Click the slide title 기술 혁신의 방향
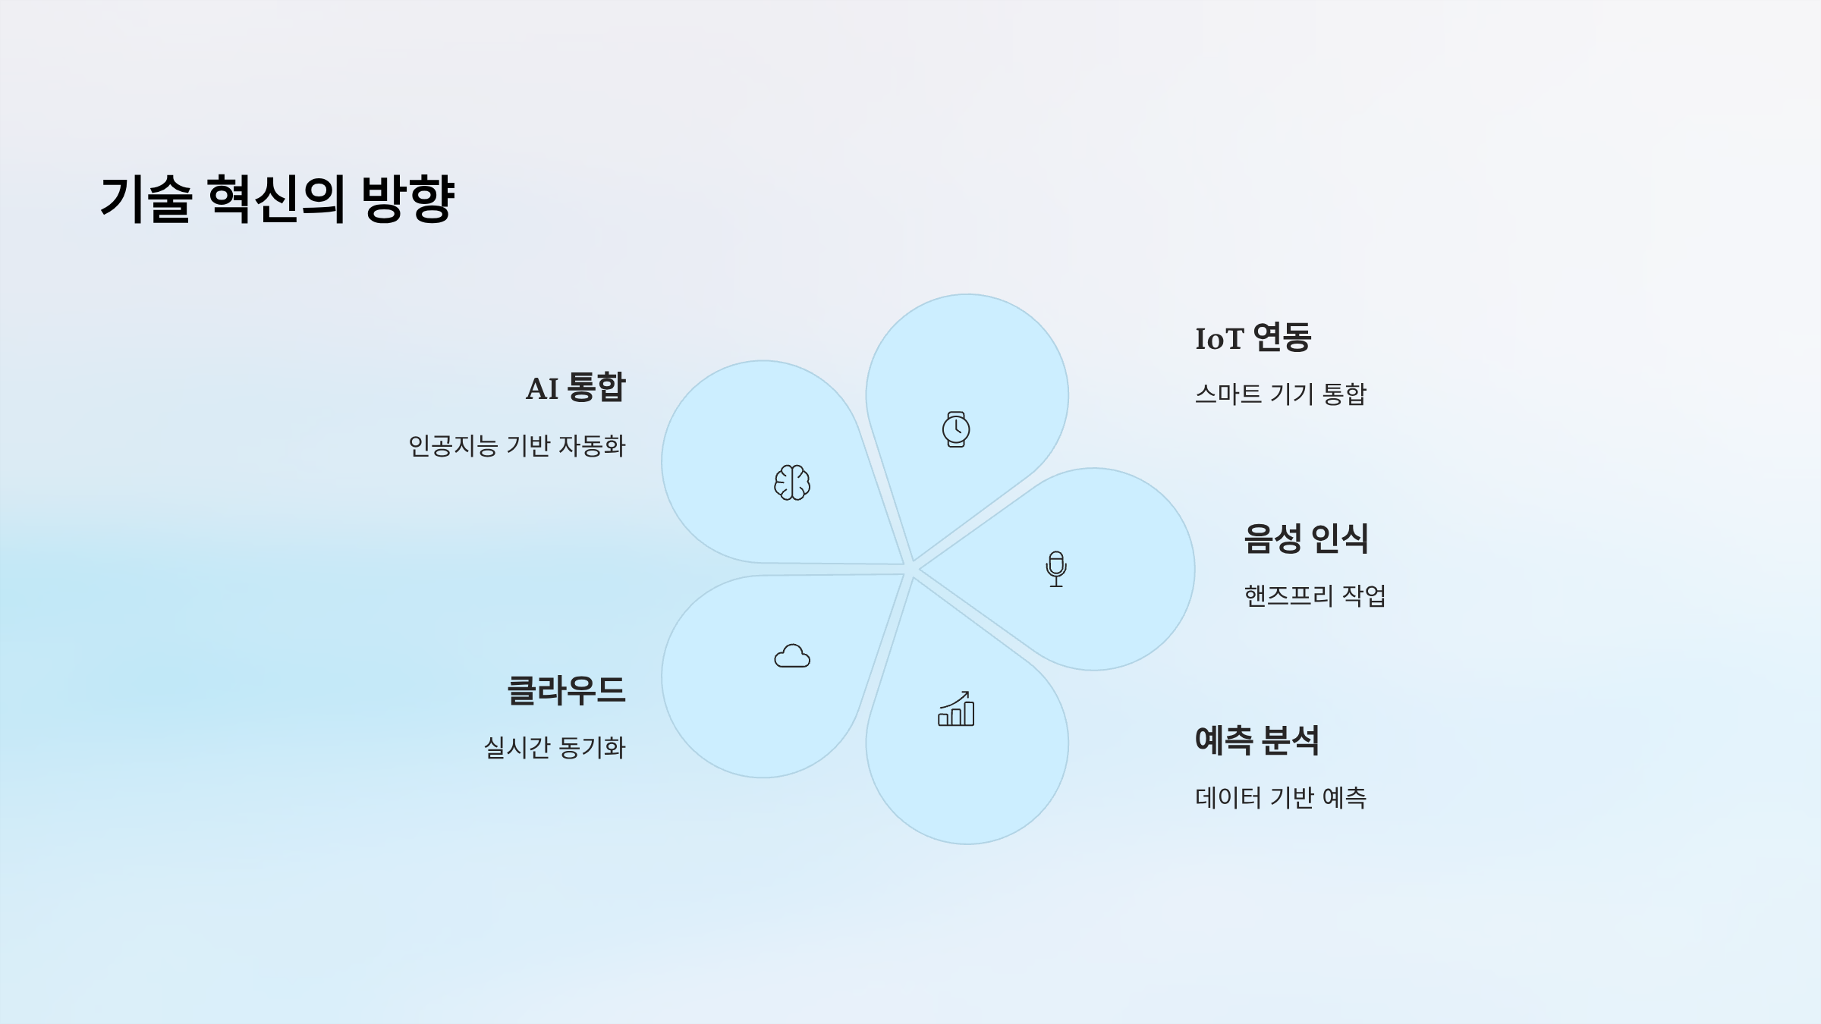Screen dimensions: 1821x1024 277,199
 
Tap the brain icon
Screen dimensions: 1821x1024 792,482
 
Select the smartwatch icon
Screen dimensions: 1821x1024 956,429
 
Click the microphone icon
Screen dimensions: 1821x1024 1056,569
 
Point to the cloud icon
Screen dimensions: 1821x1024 792,656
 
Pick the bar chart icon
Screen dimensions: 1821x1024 956,709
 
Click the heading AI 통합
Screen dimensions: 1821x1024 576,388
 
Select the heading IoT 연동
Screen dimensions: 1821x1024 1253,338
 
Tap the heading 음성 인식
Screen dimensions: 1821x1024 1306,539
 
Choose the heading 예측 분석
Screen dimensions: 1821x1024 1256,740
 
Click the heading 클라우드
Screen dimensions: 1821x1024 566,690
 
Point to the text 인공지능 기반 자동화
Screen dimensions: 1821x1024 517,446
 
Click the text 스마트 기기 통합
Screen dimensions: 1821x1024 1280,394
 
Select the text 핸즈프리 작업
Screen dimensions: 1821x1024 1314,595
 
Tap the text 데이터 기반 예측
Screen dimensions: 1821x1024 1280,797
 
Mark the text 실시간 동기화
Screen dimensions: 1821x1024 555,748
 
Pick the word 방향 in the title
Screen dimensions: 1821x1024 408,199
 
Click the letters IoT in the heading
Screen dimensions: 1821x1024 1219,339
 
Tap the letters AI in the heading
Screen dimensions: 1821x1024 542,389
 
